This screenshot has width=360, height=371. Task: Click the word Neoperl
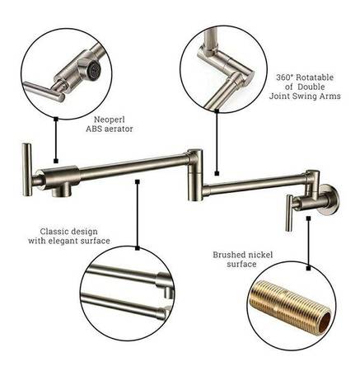coord(110,120)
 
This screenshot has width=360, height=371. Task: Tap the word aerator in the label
coord(118,129)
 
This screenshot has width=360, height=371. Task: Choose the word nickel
coord(260,255)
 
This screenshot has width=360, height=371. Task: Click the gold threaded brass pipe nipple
coord(291,305)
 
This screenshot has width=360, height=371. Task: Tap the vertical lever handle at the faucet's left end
coord(27,170)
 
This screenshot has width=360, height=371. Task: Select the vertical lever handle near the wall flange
coord(289,213)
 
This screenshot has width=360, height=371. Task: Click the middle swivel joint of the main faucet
coord(195,175)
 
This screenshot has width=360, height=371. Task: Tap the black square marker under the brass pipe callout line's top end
coord(309,218)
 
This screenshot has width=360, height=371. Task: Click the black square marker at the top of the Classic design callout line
coord(137,181)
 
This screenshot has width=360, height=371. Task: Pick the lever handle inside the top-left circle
coord(44,92)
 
